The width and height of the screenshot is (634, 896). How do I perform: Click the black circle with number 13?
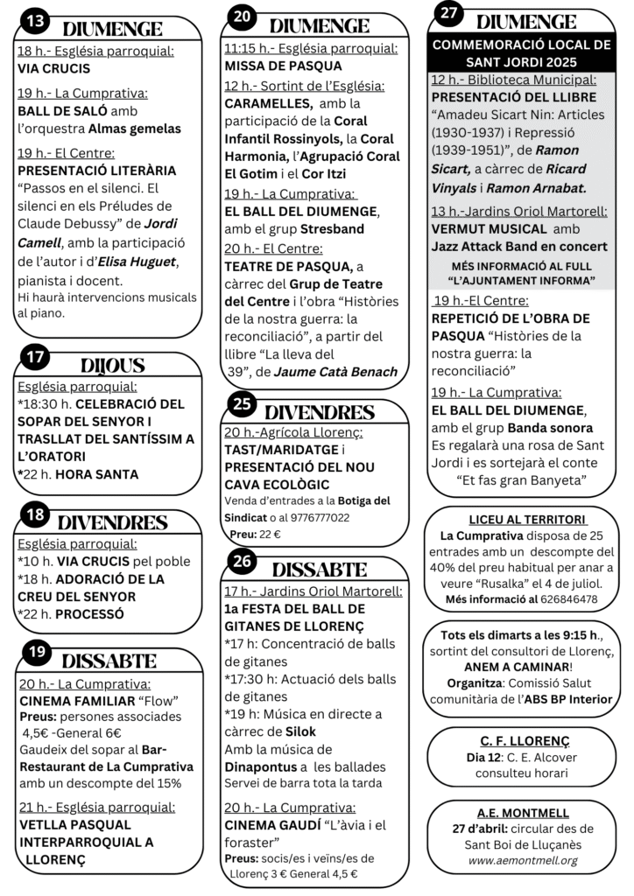click(34, 20)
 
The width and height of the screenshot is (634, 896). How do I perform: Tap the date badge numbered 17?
click(34, 357)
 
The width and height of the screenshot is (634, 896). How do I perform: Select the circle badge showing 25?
click(243, 403)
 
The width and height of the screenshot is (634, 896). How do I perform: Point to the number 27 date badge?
click(448, 13)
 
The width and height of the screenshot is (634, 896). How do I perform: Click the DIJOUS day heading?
click(112, 366)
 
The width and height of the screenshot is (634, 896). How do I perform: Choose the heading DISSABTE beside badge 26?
click(320, 570)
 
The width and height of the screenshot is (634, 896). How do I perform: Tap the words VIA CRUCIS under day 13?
click(53, 67)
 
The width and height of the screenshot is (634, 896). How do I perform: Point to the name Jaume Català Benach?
click(335, 372)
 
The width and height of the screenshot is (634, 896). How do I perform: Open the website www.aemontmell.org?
click(523, 860)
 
